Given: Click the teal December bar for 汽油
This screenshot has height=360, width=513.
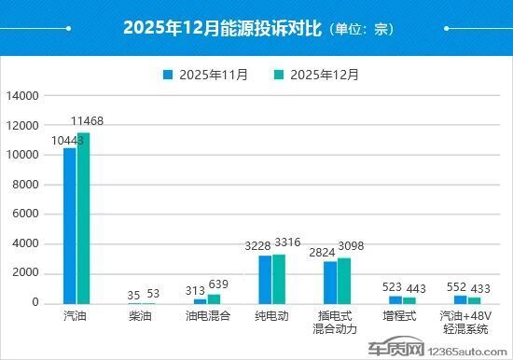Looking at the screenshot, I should [83, 218].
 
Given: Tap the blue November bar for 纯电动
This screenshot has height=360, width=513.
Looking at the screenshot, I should [265, 279].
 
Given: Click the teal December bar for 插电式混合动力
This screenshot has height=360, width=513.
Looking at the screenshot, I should [344, 280].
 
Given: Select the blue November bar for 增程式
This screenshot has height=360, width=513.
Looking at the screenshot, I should [395, 299].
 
